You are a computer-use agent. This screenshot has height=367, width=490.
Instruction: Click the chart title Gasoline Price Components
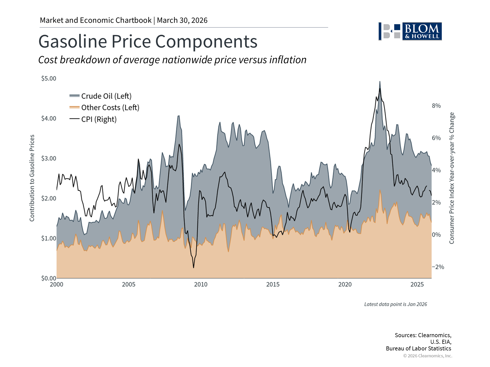[x=148, y=42]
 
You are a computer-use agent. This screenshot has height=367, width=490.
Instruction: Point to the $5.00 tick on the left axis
[x=49, y=78]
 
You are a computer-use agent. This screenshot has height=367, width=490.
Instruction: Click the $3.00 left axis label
[x=49, y=159]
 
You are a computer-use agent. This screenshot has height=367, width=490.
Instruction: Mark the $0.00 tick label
[x=49, y=278]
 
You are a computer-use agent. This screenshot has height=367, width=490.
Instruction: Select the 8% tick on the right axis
[x=436, y=106]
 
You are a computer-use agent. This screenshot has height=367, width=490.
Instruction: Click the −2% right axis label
[x=438, y=267]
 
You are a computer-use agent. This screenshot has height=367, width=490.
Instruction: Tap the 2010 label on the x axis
[x=201, y=285]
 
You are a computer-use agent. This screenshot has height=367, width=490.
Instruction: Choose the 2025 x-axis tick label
[x=417, y=285]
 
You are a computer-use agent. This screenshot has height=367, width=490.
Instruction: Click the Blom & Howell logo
[x=410, y=31]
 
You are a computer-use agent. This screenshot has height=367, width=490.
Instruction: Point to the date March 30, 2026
[x=182, y=20]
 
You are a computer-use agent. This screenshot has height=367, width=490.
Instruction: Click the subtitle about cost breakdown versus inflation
[x=172, y=60]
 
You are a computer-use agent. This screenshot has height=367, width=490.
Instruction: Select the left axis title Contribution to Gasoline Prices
[x=32, y=178]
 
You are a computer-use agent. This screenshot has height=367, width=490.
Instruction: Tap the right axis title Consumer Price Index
[x=452, y=178]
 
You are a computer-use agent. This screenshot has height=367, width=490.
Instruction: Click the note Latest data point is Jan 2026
[x=395, y=304]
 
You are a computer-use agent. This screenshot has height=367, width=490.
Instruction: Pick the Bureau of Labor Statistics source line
[x=418, y=349]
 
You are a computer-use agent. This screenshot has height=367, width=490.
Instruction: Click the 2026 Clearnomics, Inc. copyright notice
[x=427, y=356]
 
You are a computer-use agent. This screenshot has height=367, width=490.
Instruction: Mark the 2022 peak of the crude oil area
[x=380, y=82]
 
